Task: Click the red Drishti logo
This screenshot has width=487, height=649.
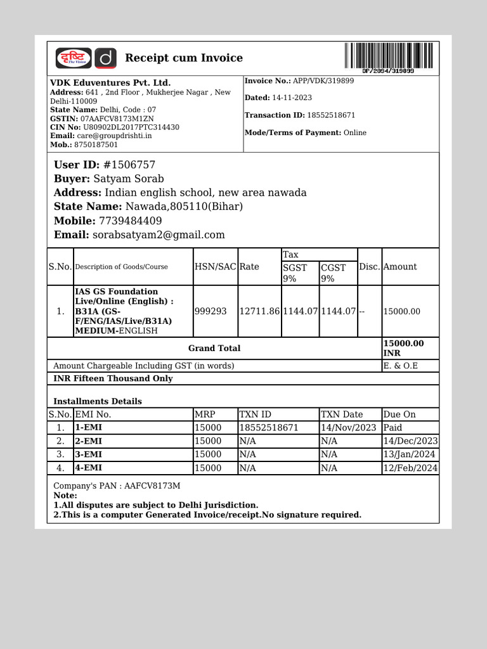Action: pos(74,58)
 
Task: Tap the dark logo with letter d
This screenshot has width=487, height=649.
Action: pos(106,58)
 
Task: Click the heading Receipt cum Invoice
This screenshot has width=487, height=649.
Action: pos(184,58)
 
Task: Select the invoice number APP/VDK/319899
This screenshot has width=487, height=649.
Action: pos(323,81)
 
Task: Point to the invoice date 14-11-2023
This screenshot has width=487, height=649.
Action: pos(292,98)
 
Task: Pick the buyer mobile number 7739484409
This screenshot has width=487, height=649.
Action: pos(131,221)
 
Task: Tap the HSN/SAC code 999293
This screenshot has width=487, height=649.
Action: pos(211,311)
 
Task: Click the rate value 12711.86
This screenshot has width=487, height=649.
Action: pos(259,311)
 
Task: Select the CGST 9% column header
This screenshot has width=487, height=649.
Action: pos(334,273)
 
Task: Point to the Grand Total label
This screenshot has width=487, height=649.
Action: pos(214,348)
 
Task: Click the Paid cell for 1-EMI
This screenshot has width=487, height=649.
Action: pos(393,428)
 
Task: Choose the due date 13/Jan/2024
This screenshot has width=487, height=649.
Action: pos(410,454)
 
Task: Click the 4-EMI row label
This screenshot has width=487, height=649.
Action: pos(88,468)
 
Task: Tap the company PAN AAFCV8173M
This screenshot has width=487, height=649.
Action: pos(152,486)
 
